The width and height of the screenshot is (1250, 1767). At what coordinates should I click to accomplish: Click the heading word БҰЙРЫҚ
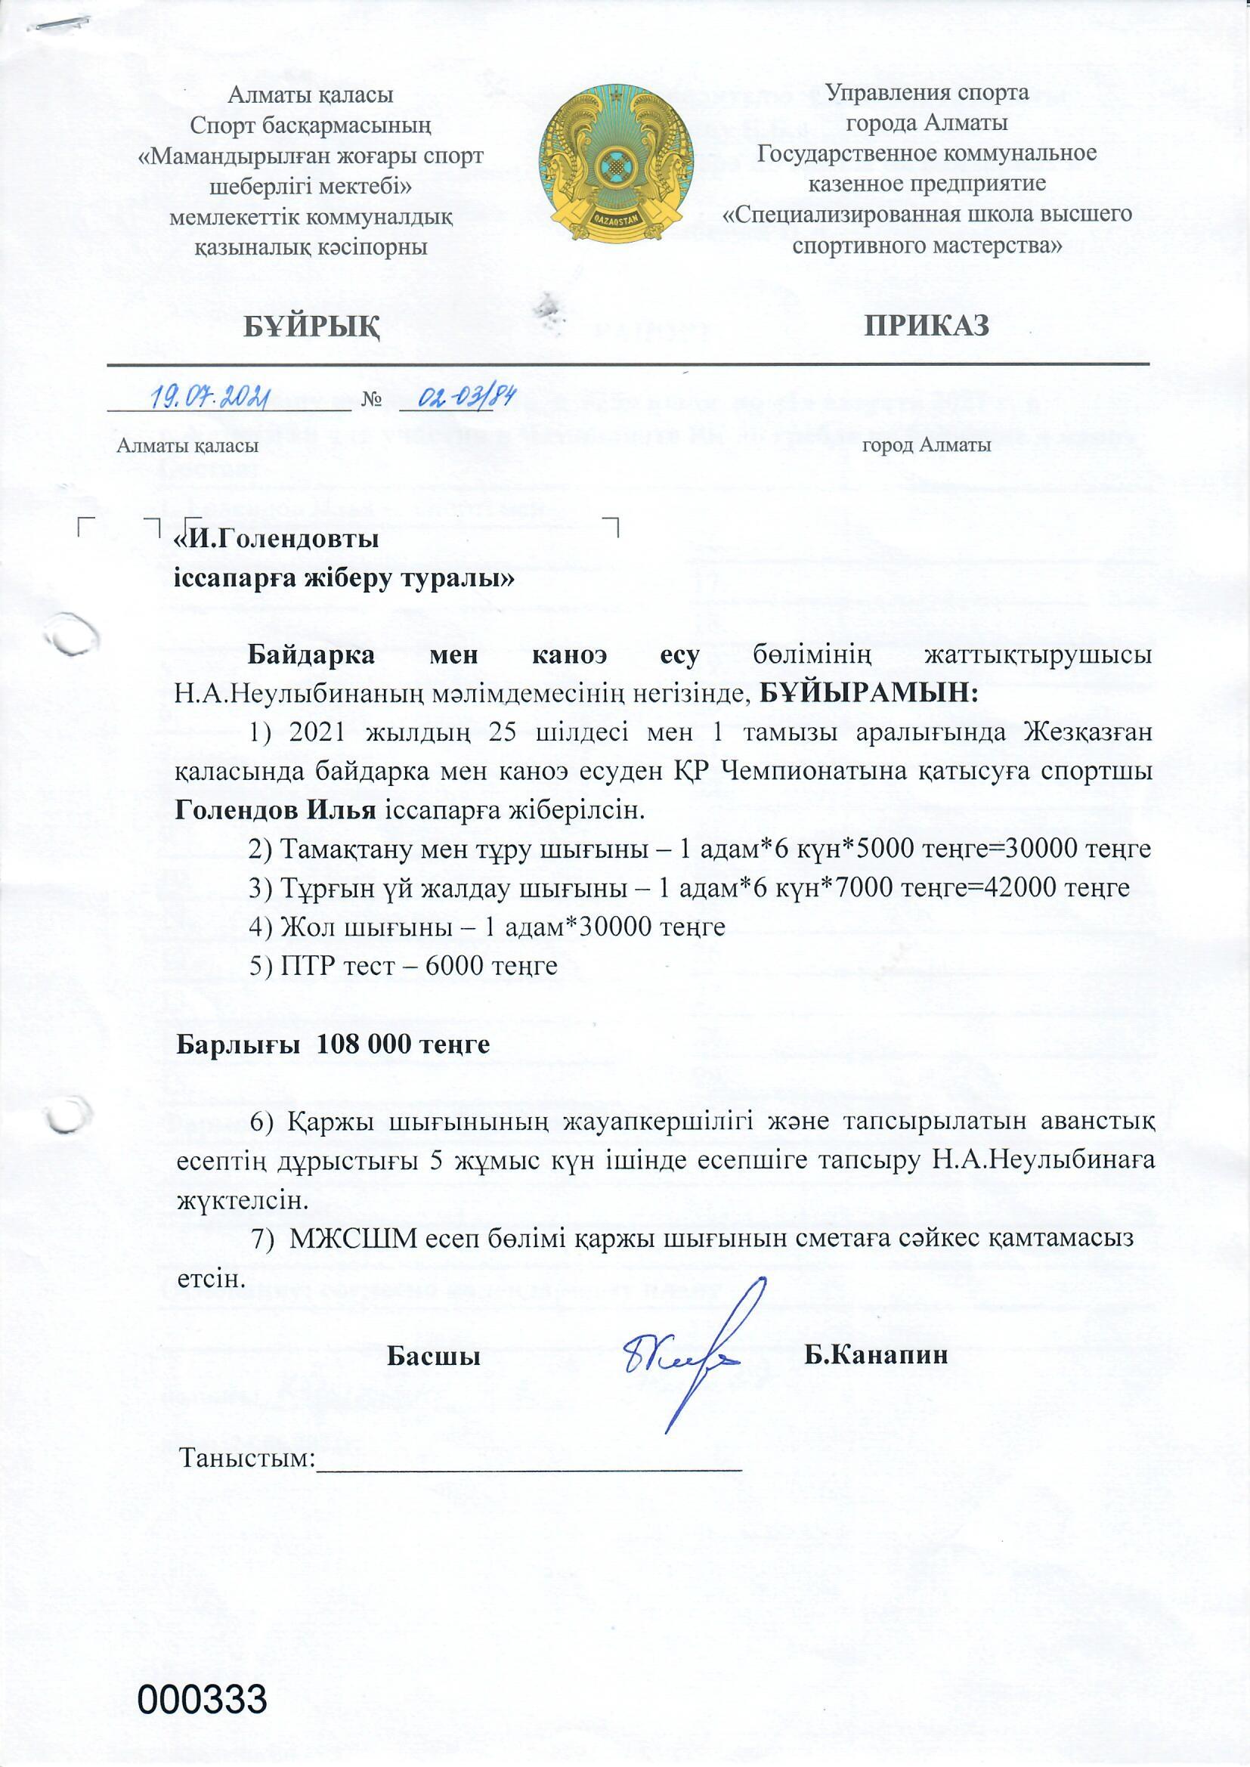(311, 326)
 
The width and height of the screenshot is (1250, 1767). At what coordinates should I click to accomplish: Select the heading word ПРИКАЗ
(926, 326)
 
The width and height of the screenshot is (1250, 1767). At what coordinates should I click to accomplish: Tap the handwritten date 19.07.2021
(207, 398)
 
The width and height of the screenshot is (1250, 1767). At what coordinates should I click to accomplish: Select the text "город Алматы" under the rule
(927, 445)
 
